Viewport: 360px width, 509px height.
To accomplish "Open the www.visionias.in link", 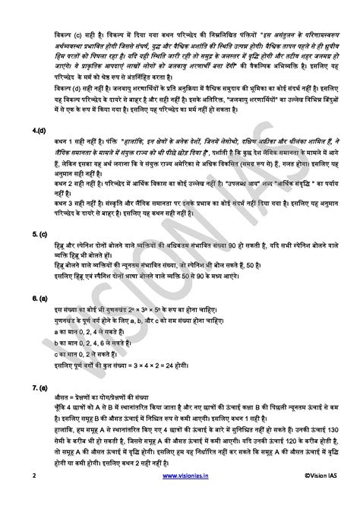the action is (179, 496).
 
